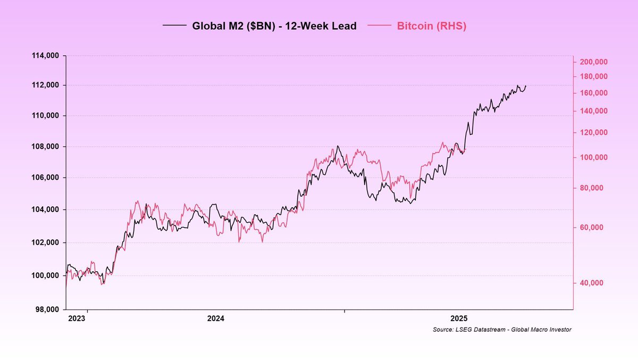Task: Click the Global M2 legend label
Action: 274,26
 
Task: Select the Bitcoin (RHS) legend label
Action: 431,26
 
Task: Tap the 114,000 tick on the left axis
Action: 47,55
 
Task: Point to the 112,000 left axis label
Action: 47,85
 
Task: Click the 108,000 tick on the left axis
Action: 47,147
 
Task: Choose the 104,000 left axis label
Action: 47,210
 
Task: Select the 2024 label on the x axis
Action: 215,319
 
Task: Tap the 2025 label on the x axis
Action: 458,319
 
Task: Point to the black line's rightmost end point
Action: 526,86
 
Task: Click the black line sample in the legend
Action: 175,26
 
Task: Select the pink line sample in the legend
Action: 380,26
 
